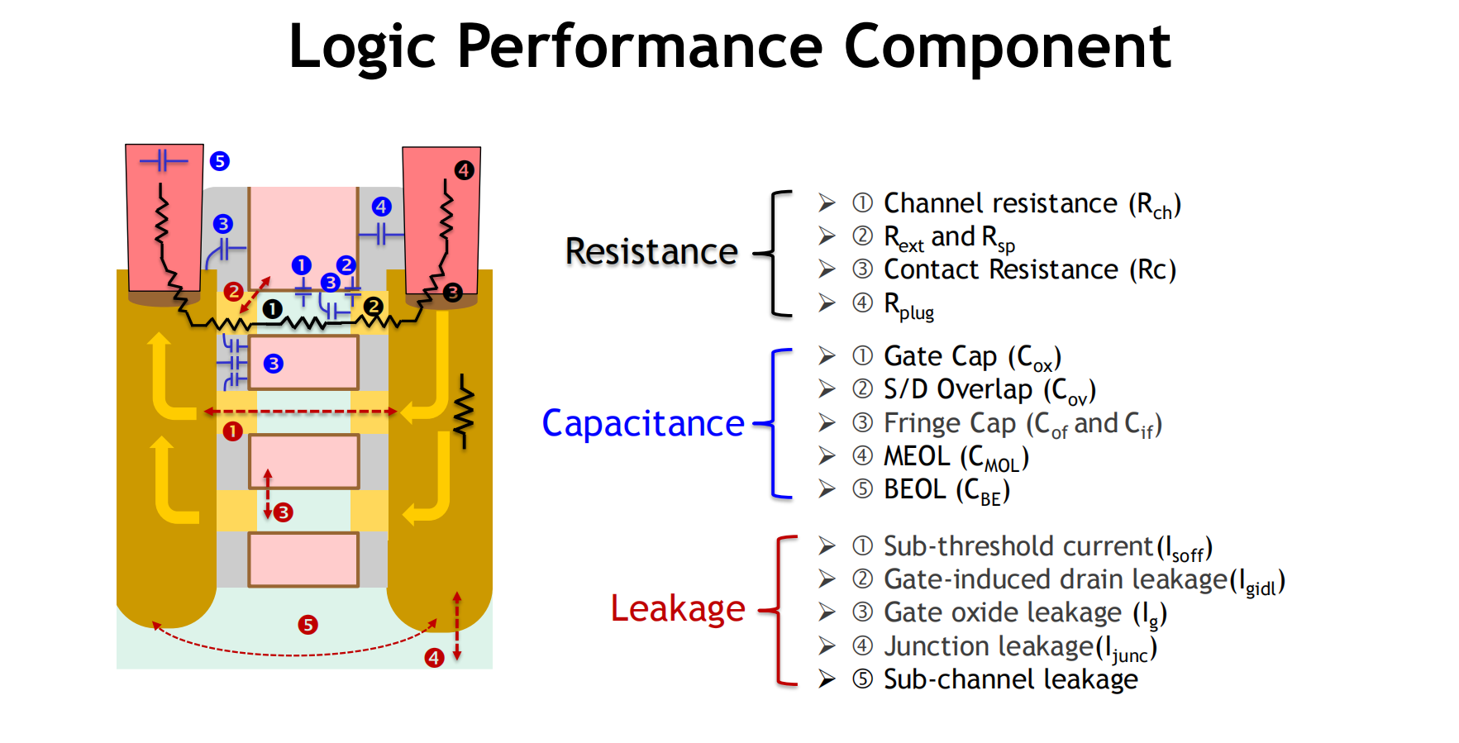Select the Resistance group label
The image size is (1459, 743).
pos(651,251)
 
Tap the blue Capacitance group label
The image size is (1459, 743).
pos(642,423)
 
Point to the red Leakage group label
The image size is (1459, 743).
pos(677,608)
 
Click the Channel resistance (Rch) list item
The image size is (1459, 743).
pos(1032,203)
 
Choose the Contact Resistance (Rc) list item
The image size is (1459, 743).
pos(1029,269)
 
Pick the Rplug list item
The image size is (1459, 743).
pos(908,304)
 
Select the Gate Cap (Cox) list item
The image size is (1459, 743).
pos(972,356)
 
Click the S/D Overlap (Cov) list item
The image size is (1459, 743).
pos(989,389)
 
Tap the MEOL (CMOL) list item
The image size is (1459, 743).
pos(956,456)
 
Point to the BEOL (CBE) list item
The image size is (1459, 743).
pos(946,489)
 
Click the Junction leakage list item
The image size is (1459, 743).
pos(1019,646)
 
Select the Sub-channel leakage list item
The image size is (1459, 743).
pos(1010,679)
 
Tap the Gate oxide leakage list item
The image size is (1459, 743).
pos(1025,612)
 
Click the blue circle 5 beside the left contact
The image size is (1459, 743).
pos(219,161)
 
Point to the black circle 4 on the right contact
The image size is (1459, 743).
pos(464,170)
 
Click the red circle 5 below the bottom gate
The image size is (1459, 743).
pos(308,625)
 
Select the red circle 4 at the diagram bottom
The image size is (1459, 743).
pos(434,658)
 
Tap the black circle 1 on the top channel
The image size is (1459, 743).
pos(272,309)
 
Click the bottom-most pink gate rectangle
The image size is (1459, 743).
pos(303,560)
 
